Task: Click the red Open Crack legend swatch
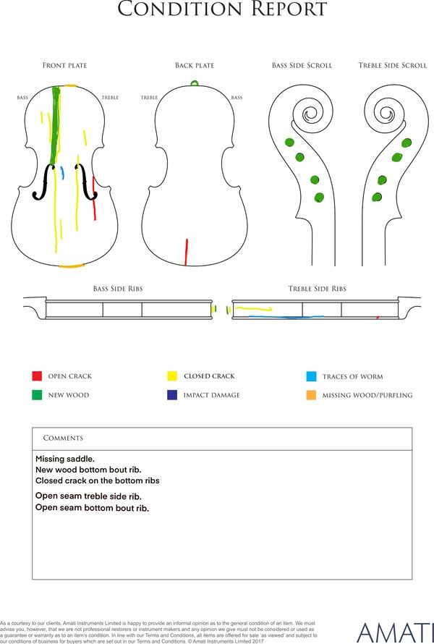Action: click(37, 376)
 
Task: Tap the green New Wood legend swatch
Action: click(37, 394)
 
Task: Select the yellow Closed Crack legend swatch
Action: click(172, 376)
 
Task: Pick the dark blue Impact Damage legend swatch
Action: click(172, 394)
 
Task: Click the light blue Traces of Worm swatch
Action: click(311, 376)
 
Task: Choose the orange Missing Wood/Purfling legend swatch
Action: click(311, 395)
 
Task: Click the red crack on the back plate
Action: click(187, 253)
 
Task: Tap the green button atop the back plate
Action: click(195, 83)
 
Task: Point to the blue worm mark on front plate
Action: click(62, 173)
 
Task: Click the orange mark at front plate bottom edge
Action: click(72, 266)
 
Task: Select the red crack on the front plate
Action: click(94, 198)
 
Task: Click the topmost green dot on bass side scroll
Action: click(289, 143)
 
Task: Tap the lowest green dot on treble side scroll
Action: click(377, 197)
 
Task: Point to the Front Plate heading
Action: click(65, 65)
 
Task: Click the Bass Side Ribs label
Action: click(118, 289)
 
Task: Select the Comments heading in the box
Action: click(63, 438)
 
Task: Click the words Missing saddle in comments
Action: click(65, 459)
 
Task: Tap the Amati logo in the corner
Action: click(395, 632)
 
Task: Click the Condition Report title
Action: click(222, 9)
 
